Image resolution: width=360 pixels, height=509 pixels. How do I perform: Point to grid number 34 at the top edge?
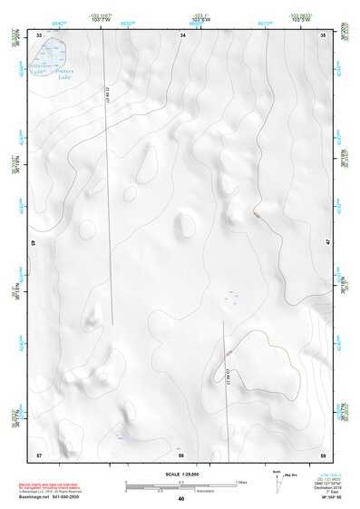[182, 34]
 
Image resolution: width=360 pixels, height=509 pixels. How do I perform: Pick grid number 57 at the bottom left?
[39, 453]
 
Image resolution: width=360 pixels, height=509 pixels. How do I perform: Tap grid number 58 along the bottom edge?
[180, 453]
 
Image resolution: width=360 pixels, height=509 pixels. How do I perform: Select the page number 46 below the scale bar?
[180, 498]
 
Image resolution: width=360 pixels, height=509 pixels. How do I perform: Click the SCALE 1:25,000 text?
[181, 474]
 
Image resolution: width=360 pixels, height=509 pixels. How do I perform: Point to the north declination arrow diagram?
[276, 480]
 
